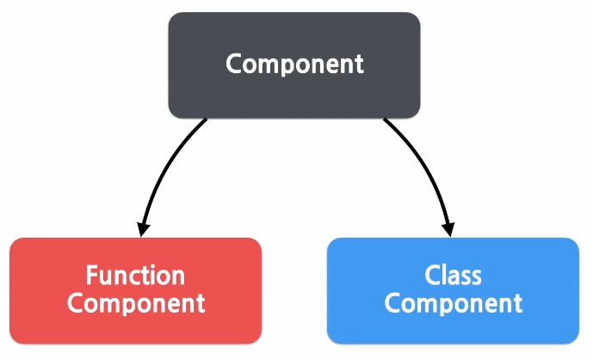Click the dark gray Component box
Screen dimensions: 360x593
point(294,65)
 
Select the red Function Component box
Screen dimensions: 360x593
point(135,289)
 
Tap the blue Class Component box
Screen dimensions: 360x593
point(453,289)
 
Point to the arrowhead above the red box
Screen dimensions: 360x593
point(143,228)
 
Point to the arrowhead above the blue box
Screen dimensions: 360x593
point(447,228)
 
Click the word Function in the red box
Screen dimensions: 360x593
point(135,276)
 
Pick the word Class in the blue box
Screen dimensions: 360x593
point(453,276)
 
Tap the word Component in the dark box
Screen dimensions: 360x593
point(294,65)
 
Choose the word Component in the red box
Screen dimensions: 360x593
point(136,304)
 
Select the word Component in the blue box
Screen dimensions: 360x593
point(453,304)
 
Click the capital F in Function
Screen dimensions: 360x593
point(92,276)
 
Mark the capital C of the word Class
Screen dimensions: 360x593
point(432,276)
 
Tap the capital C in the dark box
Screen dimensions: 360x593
point(233,65)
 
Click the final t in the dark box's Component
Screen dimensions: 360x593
point(359,65)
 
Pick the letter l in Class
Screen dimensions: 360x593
point(445,276)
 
